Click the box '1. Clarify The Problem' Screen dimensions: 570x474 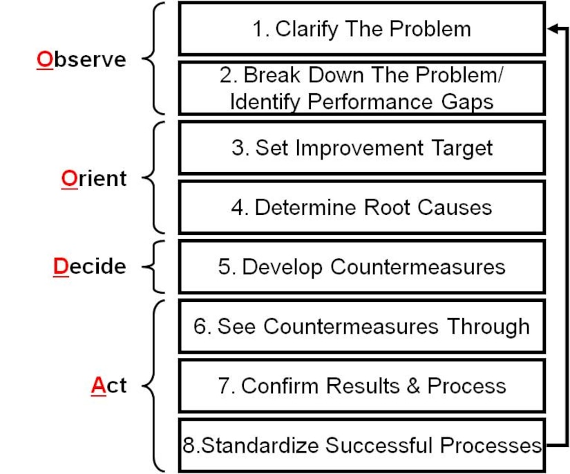362,29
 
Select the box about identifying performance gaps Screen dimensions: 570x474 362,88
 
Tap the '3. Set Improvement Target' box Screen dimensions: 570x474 362,148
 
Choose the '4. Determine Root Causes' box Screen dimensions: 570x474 362,207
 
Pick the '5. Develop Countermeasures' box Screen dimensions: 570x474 362,267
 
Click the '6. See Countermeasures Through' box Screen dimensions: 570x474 362,326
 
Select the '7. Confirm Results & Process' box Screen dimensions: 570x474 362,386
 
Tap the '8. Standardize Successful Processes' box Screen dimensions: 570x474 362,445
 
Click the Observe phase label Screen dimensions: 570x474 82,59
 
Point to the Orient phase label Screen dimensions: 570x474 94,178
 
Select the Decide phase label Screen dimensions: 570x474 90,267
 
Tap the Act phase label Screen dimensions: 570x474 108,386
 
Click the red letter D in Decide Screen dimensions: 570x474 61,267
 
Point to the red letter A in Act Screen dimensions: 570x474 99,386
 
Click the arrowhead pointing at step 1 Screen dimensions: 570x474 553,29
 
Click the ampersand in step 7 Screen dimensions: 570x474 413,386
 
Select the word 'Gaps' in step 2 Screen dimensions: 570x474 468,102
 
